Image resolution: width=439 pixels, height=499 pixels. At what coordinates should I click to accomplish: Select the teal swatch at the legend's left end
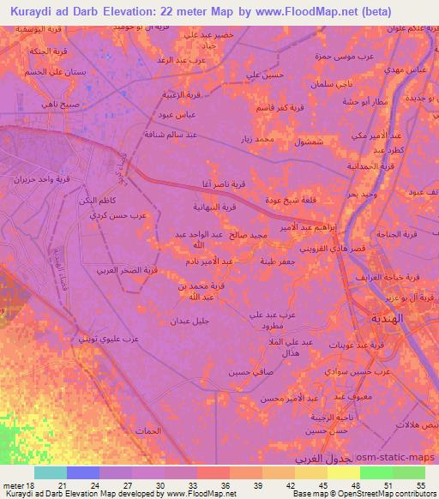click(51, 472)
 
